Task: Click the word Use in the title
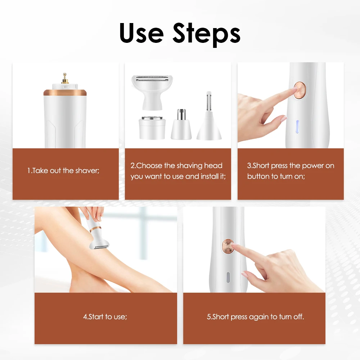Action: coord(141,33)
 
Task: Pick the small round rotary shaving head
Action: coord(152,128)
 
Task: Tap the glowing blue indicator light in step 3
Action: coord(297,127)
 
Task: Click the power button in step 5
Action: coord(228,246)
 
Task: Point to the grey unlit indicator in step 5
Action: coord(228,277)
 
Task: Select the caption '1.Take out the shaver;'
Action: coord(63,171)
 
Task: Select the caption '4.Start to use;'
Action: coord(105,317)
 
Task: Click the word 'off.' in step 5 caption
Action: coord(299,317)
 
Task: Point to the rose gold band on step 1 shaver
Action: coord(65,93)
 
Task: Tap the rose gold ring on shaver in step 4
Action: coord(95,229)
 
